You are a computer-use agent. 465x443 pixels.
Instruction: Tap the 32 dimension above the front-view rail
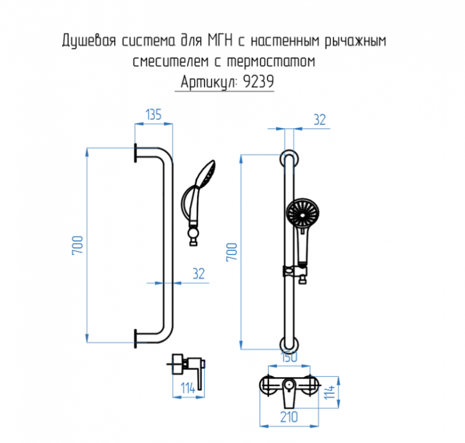click(x=319, y=120)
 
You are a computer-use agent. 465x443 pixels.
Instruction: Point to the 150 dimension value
click(x=289, y=358)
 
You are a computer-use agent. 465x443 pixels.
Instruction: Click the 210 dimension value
click(x=289, y=416)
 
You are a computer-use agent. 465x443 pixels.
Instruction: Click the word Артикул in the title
click(x=207, y=82)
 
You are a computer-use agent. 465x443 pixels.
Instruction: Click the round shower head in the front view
click(x=303, y=213)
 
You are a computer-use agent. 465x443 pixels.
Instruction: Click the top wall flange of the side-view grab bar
click(x=135, y=153)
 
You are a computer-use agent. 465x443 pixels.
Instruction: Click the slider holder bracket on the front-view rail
click(x=295, y=272)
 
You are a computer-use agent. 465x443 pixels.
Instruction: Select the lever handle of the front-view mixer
click(x=289, y=397)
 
